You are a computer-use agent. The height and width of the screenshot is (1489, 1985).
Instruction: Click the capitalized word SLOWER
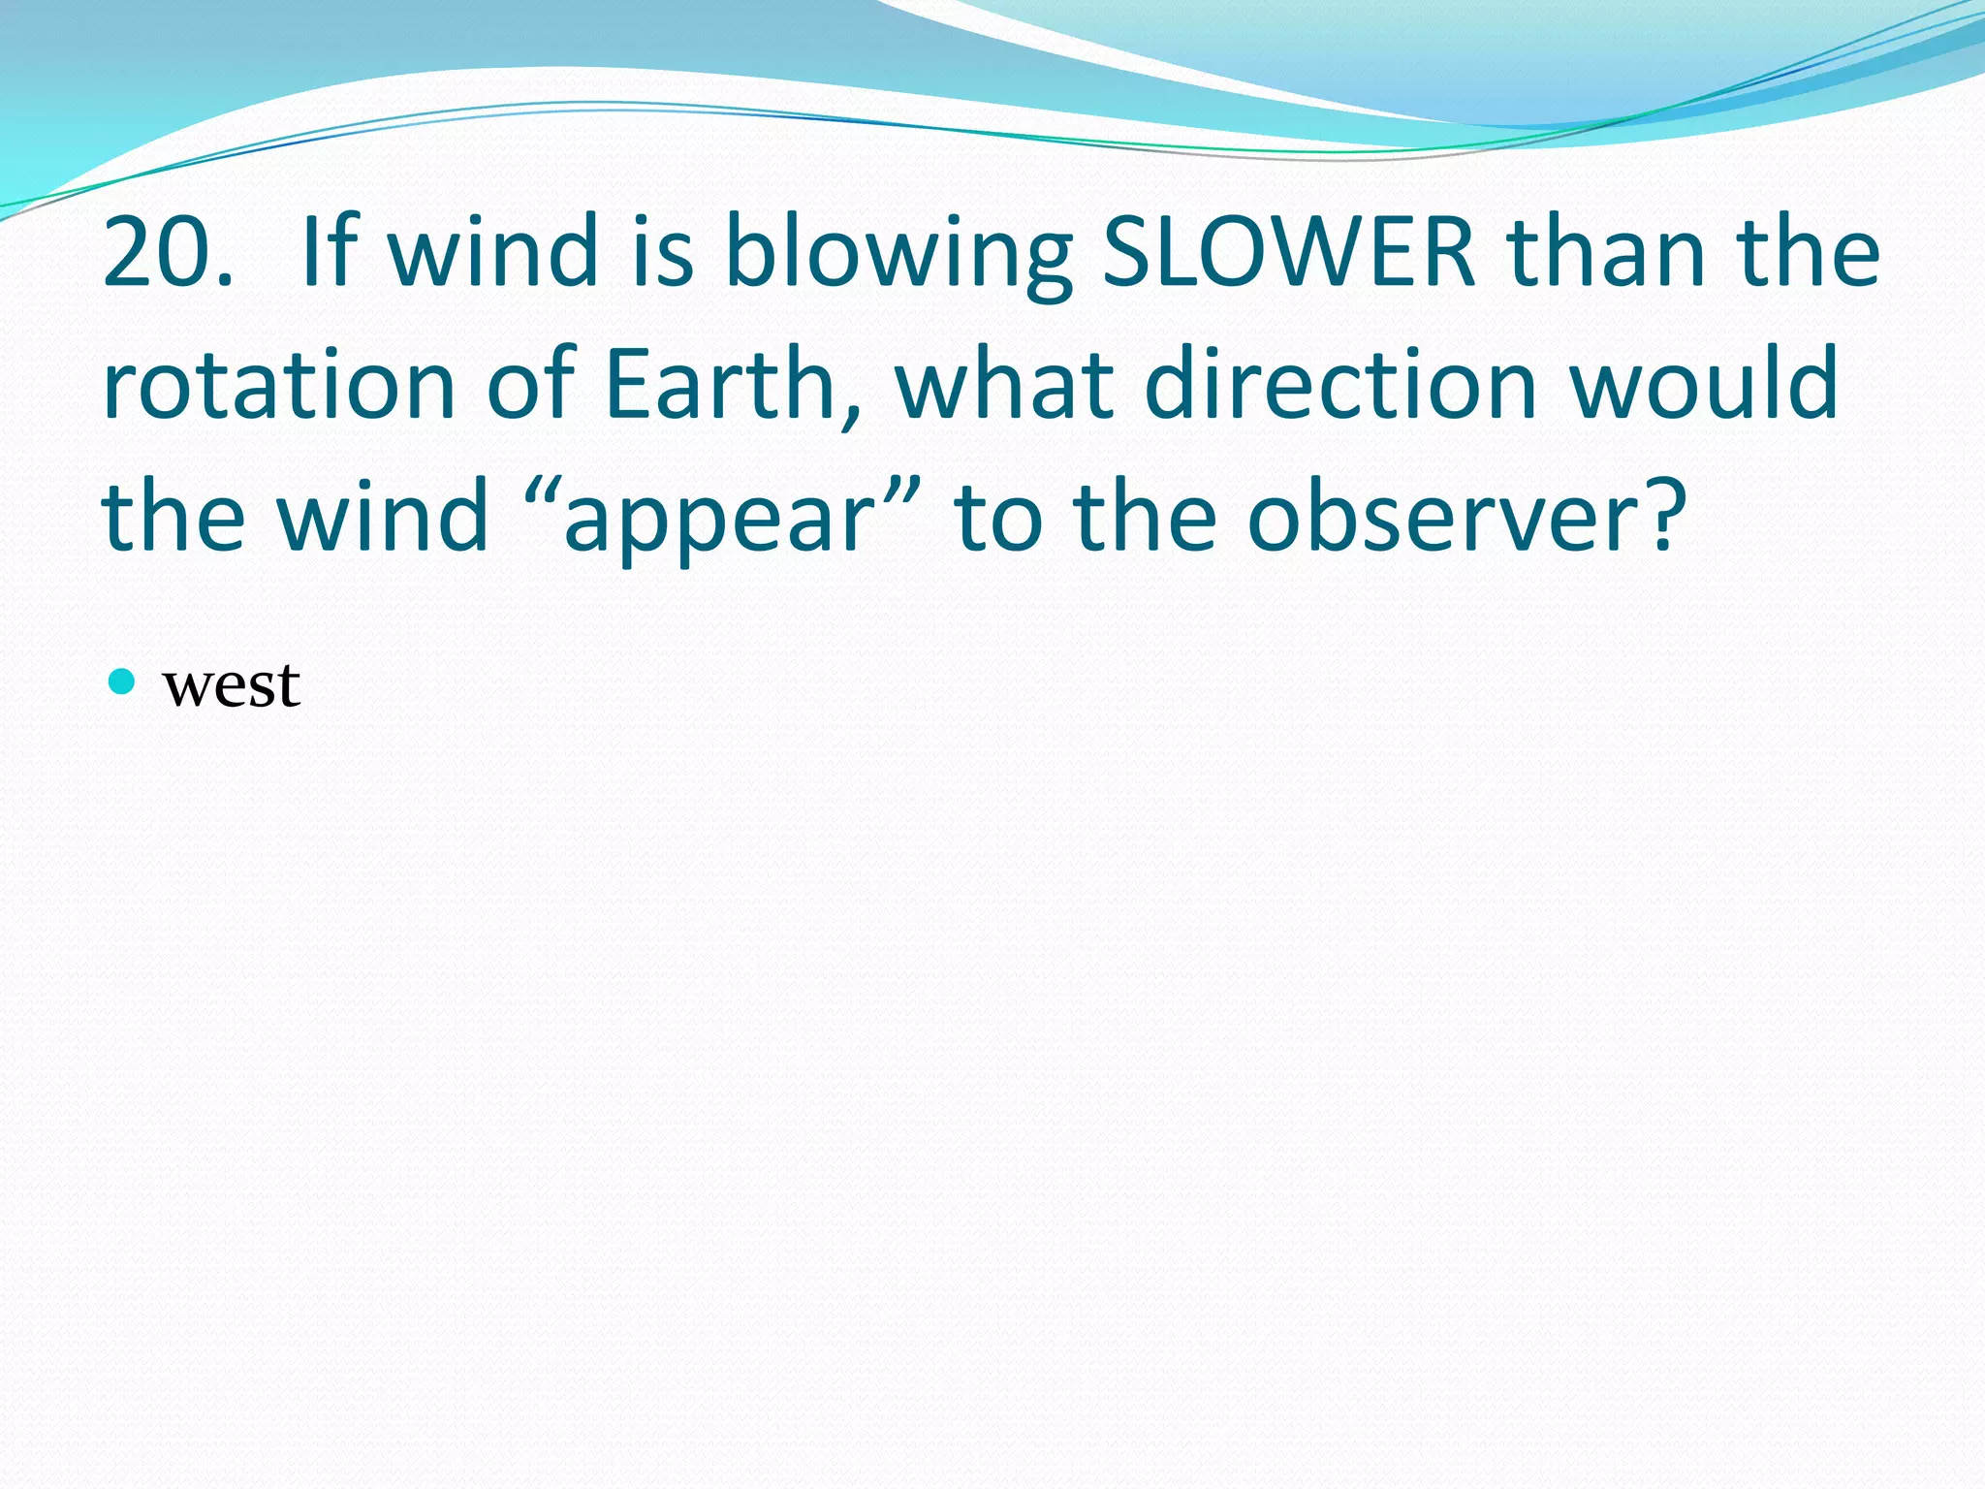1289,252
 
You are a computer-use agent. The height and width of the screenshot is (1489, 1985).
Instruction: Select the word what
1003,385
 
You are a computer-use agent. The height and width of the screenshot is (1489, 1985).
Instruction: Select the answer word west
232,685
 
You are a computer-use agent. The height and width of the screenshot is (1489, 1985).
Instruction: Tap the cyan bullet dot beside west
121,682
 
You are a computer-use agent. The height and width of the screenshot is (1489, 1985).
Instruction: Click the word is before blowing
663,252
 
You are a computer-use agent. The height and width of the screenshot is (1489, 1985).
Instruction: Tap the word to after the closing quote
998,518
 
